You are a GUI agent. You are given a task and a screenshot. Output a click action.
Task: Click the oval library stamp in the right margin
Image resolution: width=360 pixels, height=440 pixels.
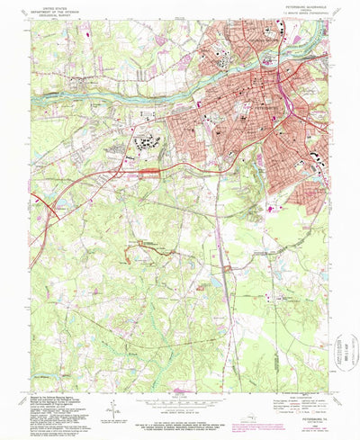(x=345, y=346)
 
